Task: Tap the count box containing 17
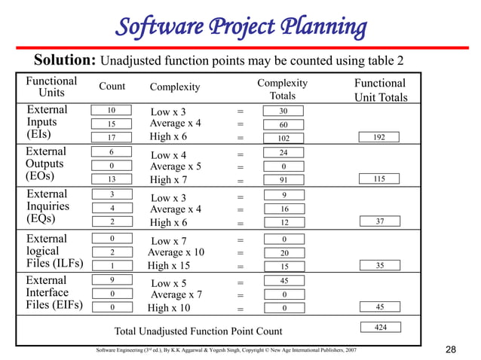click(112, 137)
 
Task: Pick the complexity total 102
click(283, 138)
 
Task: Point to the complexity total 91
click(283, 180)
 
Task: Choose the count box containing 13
click(112, 179)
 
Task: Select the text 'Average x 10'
click(176, 252)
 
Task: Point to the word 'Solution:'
click(64, 59)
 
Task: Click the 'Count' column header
click(112, 87)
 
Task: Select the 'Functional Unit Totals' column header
click(381, 90)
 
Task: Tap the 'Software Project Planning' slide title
click(240, 27)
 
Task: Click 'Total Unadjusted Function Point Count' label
click(198, 331)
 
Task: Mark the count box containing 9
click(112, 280)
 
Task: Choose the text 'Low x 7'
click(168, 240)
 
